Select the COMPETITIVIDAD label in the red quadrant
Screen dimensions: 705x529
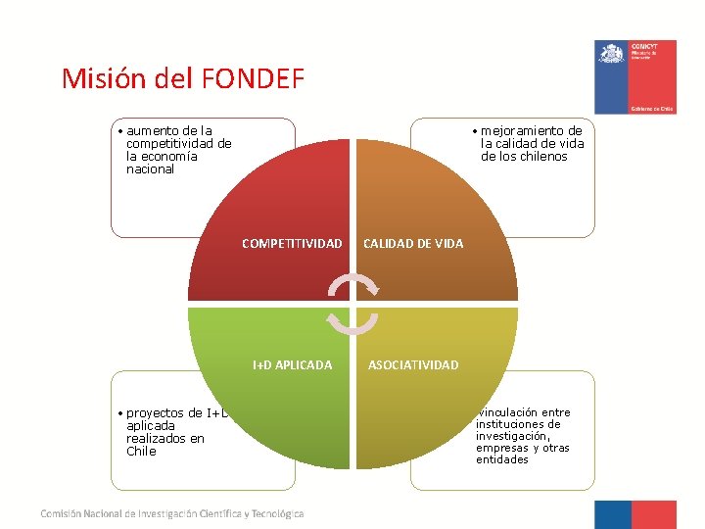(x=292, y=243)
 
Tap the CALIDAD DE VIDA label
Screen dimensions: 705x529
(x=413, y=243)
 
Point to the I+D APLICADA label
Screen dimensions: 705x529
(x=292, y=365)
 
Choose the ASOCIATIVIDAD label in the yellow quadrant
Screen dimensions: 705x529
(x=413, y=365)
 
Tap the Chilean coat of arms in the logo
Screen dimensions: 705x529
(x=612, y=53)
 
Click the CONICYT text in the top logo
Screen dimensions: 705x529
(x=644, y=46)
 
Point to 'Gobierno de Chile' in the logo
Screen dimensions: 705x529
(x=651, y=109)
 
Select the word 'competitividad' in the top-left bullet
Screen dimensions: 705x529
(x=179, y=143)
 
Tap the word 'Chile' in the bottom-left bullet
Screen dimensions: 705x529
(x=141, y=452)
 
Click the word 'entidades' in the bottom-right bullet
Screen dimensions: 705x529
(x=502, y=459)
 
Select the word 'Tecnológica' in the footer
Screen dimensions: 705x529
(x=279, y=513)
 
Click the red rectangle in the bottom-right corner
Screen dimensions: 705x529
(x=654, y=514)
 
